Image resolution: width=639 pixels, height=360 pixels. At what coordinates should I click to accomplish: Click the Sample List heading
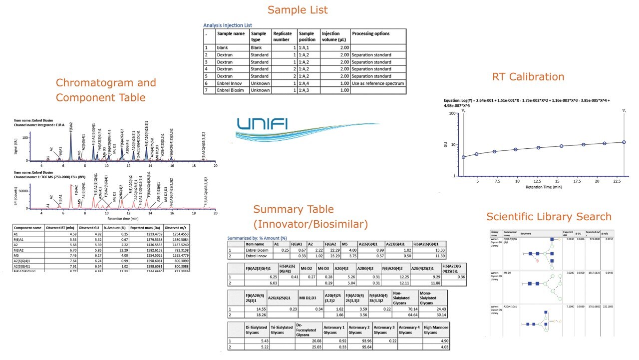[298, 10]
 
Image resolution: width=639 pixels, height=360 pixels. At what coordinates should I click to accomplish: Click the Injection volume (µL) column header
[334, 36]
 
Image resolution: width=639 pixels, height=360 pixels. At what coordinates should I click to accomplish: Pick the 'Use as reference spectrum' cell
[377, 83]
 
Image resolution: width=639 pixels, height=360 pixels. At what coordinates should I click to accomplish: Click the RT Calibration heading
[528, 77]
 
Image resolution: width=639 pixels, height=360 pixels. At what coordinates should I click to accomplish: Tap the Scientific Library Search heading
[549, 217]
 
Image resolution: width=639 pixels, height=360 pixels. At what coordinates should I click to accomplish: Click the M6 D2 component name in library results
[510, 273]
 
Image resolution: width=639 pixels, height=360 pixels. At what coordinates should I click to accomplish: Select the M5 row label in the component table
[16, 254]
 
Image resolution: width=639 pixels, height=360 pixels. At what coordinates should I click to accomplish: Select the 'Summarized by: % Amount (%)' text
[257, 239]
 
